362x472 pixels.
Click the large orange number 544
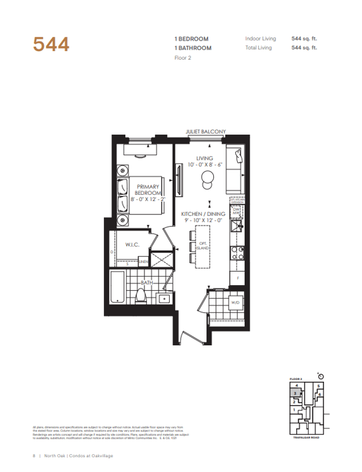51,45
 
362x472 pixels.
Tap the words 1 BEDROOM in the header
193,38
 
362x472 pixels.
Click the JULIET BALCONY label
206,132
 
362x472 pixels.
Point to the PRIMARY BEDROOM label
148,190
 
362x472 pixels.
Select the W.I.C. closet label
133,245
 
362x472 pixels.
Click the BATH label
146,283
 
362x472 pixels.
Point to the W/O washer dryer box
235,303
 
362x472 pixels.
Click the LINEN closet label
143,262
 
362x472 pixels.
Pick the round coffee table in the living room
207,179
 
